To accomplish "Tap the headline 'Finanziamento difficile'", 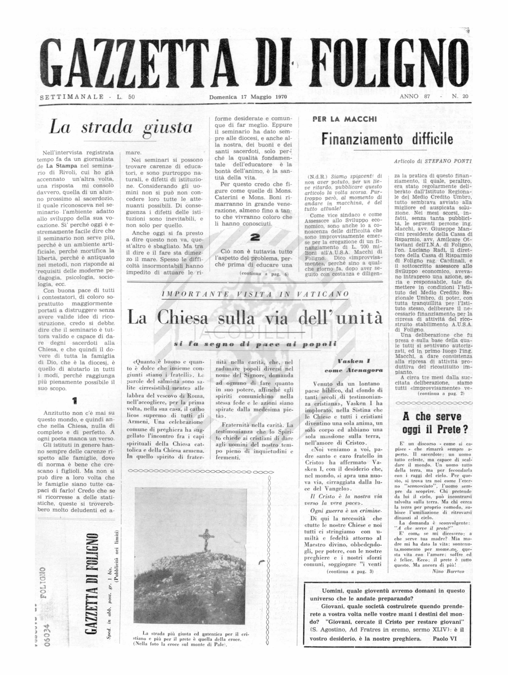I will (387, 139).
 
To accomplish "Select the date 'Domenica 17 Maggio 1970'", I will (248, 97).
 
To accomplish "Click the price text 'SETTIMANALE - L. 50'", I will (87, 97).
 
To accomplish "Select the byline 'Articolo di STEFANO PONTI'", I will (432, 161).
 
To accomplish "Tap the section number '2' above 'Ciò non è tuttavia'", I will (255, 238).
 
